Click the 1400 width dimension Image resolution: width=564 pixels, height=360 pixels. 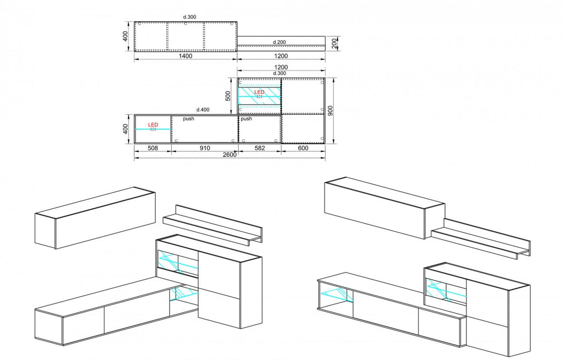[186, 56]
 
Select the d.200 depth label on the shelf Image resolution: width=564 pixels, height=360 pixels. [279, 42]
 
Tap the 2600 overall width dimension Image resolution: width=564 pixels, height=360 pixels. [230, 155]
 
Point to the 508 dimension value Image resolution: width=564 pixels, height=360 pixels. [153, 148]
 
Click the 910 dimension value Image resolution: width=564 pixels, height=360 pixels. [205, 148]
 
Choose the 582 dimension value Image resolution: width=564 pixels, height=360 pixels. [260, 148]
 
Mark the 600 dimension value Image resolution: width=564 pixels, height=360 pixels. [303, 148]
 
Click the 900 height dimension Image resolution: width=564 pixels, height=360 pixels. [330, 111]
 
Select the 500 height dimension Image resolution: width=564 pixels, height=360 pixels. [228, 96]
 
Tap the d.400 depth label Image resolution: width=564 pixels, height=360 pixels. [203, 110]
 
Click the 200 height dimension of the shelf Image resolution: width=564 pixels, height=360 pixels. [334, 43]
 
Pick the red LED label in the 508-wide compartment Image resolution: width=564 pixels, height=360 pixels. [153, 125]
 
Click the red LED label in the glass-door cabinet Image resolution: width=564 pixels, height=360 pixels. [259, 92]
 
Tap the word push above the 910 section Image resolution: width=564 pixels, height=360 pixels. [188, 119]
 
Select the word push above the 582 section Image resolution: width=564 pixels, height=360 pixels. [246, 119]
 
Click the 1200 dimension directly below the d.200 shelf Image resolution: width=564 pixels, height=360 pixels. [281, 56]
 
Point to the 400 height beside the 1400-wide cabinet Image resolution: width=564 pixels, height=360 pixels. [125, 36]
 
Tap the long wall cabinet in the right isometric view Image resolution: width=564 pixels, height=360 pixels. [384, 208]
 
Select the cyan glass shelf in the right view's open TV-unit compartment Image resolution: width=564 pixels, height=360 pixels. [334, 293]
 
